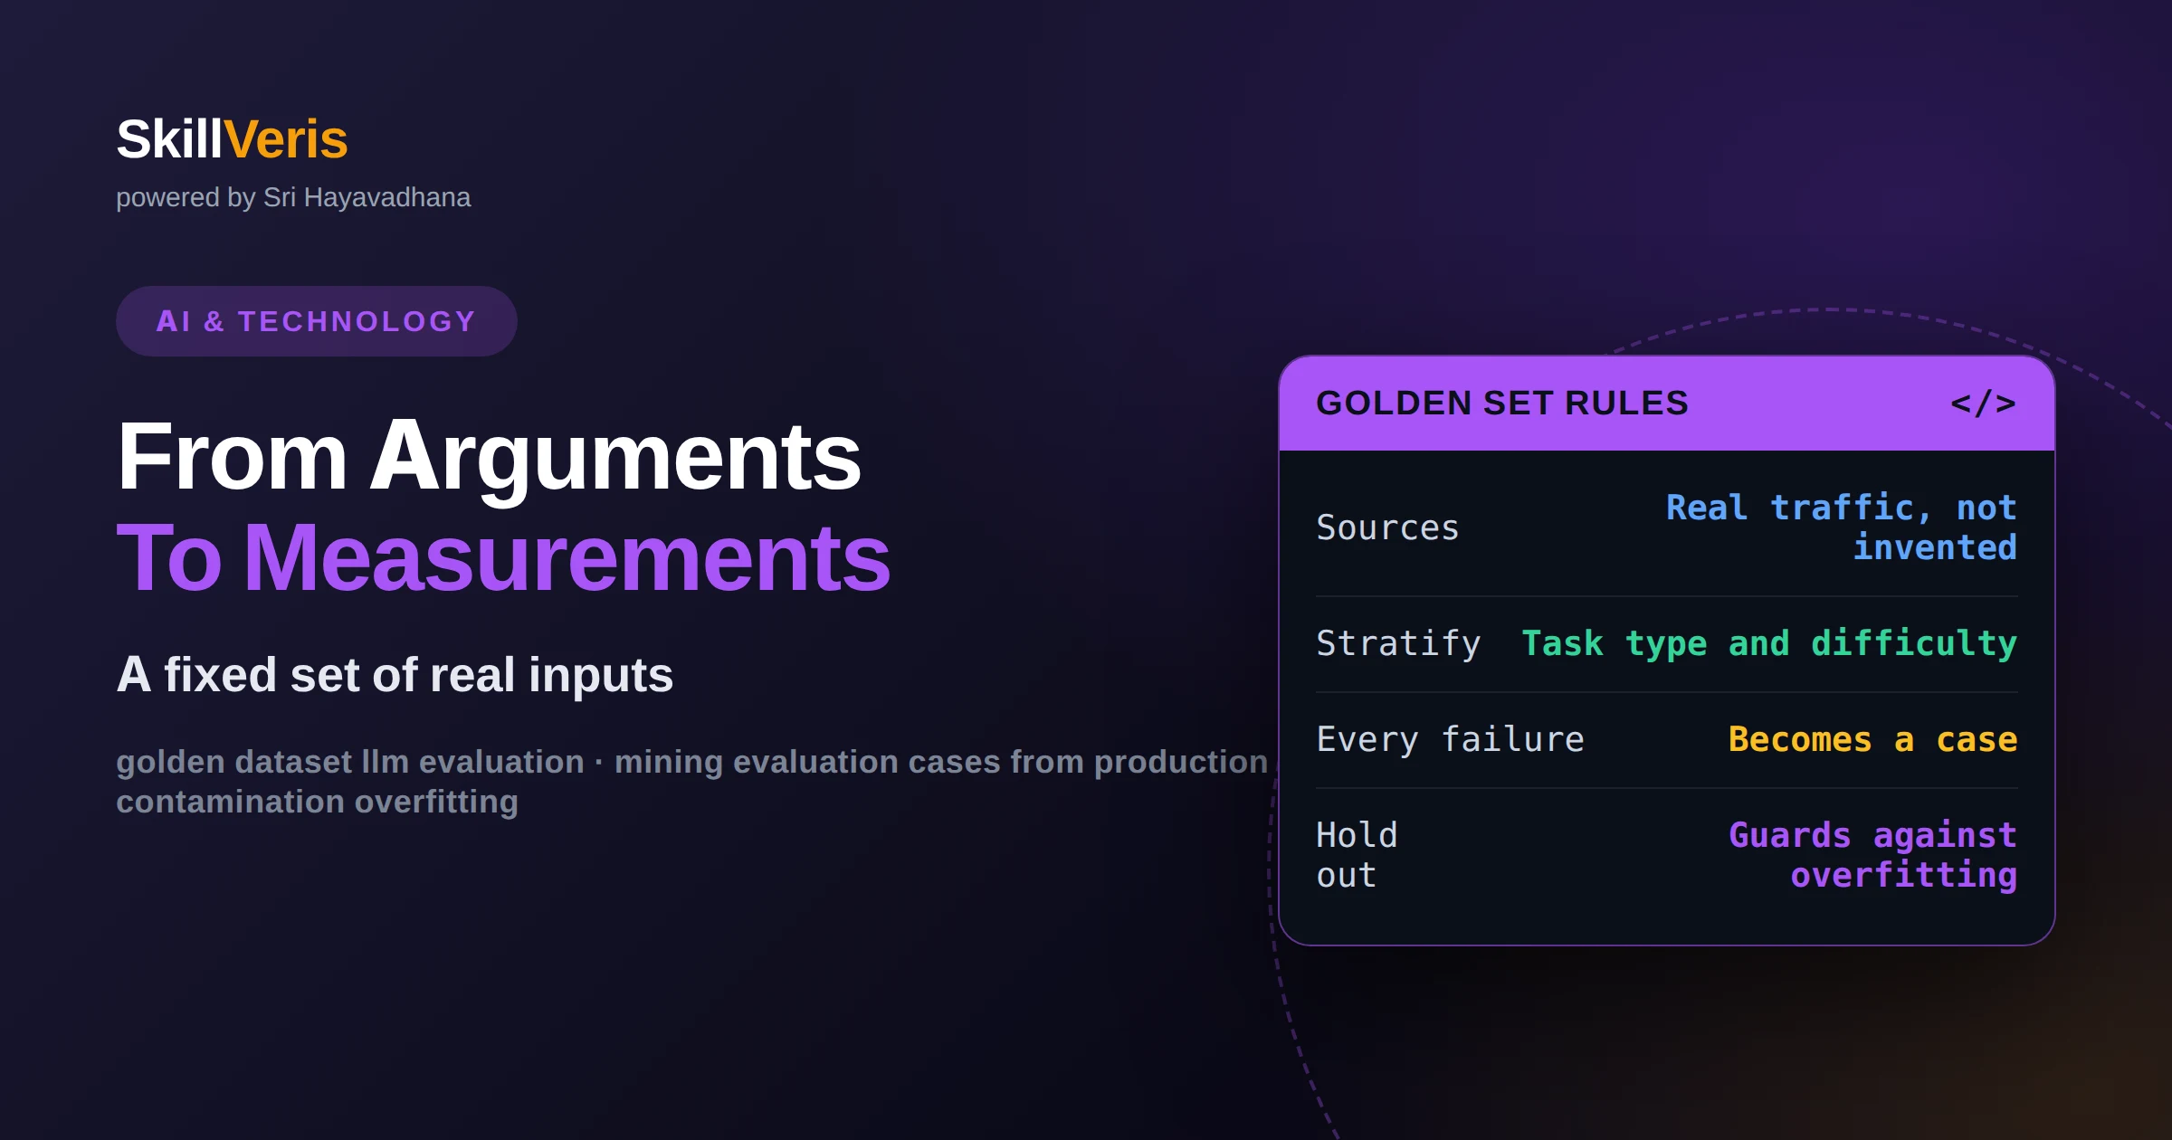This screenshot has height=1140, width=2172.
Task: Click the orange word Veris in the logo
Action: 285,139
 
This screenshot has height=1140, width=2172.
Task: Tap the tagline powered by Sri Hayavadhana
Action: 293,197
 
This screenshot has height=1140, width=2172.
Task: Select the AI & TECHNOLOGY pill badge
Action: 317,321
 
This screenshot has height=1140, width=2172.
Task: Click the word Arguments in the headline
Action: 615,460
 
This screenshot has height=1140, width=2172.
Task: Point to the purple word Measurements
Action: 567,559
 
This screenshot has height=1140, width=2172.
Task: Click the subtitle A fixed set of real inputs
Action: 395,675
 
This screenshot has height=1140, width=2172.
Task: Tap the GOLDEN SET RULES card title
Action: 1502,404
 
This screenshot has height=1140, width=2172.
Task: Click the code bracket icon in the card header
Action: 1983,404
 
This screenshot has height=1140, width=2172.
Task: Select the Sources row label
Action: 1387,527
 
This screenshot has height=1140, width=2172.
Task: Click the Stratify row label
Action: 1398,643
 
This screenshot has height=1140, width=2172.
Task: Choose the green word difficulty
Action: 1914,643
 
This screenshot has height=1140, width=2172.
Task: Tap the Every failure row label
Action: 1450,739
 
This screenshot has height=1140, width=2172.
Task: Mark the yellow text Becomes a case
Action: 1872,739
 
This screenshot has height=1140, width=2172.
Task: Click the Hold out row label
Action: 1357,855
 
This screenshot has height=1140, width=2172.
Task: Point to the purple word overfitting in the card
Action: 1904,875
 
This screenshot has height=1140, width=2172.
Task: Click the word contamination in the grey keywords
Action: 230,802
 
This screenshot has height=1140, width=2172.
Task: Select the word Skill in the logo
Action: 169,139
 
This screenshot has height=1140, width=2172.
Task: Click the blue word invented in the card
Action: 1935,547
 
